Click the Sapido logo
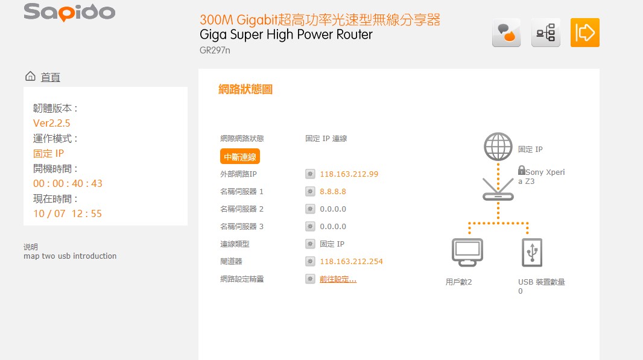coord(69,12)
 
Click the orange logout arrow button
coord(584,33)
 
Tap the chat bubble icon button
coord(506,33)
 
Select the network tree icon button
coord(545,33)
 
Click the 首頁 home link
coord(50,77)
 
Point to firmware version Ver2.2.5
coord(52,123)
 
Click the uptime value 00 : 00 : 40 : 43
coord(68,183)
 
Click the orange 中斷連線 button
coord(239,157)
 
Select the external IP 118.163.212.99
coord(349,174)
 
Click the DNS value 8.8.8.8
coord(333,192)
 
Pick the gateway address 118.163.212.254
coord(351,262)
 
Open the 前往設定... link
coord(338,279)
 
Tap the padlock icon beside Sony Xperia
coord(521,171)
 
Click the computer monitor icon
coord(467,252)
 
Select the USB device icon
coord(532,252)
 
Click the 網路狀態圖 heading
coord(245,90)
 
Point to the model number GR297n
coord(214,51)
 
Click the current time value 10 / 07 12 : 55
coord(68,213)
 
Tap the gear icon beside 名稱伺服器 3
coord(310,227)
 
